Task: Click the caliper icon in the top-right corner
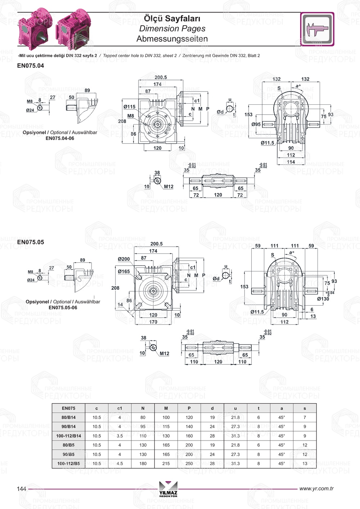[x=317, y=29]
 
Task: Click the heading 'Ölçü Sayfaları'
[x=172, y=18]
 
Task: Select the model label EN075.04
[x=31, y=66]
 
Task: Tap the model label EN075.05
[x=31, y=242]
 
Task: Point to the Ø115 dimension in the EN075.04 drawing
[x=129, y=107]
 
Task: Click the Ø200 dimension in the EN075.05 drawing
[x=124, y=259]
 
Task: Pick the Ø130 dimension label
[x=323, y=299]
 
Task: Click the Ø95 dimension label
[x=256, y=125]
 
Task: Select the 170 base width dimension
[x=153, y=322]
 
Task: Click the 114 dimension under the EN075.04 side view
[x=291, y=162]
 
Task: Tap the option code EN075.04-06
[x=60, y=138]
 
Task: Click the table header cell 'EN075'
[x=68, y=408]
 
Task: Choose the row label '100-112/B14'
[x=68, y=436]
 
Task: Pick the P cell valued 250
[x=189, y=464]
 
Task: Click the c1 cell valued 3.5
[x=120, y=436]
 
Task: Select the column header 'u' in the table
[x=235, y=408]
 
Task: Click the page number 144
[x=22, y=488]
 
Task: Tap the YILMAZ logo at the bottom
[x=168, y=489]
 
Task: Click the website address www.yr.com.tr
[x=316, y=488]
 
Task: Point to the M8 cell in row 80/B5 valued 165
[x=166, y=445]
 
